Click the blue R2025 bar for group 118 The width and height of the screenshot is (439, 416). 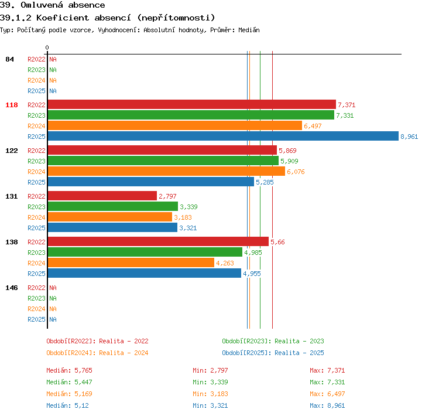click(223, 137)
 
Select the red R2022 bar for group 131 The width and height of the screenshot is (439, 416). click(102, 196)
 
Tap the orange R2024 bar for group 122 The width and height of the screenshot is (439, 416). click(166, 171)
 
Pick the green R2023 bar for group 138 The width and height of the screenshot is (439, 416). click(145, 252)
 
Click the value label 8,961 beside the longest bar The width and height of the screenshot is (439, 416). click(409, 137)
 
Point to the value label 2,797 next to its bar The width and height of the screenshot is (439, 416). click(167, 196)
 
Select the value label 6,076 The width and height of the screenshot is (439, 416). click(296, 172)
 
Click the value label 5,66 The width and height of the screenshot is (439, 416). click(277, 242)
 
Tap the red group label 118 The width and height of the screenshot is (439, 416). click(12, 105)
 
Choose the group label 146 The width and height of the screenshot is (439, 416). click(12, 288)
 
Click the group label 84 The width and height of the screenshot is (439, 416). click(9, 59)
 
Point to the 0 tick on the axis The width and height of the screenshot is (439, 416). click(47, 47)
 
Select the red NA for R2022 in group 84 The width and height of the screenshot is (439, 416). click(53, 59)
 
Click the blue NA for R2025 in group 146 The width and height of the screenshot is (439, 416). click(53, 319)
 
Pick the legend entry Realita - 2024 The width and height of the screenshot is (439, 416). click(124, 353)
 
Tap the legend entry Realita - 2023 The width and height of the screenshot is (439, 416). click(299, 341)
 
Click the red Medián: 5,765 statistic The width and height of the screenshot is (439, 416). click(69, 370)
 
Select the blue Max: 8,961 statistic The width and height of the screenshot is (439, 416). click(327, 405)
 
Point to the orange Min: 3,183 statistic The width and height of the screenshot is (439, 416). click(210, 394)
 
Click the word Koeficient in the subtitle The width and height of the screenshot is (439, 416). click(63, 18)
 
